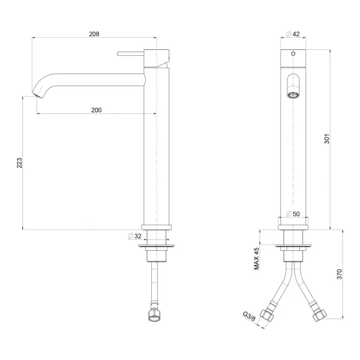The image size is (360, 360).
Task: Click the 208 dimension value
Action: (94, 34)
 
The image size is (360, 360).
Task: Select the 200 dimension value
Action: (97, 110)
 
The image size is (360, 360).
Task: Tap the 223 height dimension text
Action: (20, 163)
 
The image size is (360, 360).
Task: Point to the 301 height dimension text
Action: (327, 139)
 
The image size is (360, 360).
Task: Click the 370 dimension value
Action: (340, 274)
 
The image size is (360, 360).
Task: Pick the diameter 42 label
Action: (293, 34)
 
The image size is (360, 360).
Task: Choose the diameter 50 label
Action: (293, 214)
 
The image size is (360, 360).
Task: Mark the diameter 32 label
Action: (134, 236)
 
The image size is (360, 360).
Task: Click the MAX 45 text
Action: (256, 259)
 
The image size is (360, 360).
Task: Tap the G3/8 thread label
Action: (249, 316)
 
